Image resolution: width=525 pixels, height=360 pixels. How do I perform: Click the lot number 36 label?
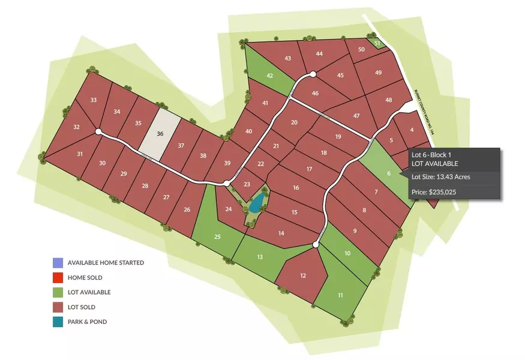click(160, 134)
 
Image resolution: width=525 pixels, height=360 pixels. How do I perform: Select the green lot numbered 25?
click(217, 236)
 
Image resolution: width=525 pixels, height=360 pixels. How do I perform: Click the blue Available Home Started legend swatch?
click(57, 263)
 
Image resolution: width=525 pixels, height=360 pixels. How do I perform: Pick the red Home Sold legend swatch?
click(57, 278)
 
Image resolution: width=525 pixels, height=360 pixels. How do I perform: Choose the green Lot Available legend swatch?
click(57, 292)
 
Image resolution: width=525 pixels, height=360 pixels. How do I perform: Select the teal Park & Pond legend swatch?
click(57, 322)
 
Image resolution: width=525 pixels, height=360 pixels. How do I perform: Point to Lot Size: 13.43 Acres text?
click(440, 177)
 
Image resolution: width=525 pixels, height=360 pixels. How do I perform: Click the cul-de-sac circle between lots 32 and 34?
click(98, 131)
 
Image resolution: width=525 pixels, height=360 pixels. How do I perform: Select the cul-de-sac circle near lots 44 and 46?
click(313, 74)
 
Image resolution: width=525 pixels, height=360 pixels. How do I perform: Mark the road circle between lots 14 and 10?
click(316, 245)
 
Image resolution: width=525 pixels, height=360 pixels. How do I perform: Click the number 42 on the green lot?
click(270, 76)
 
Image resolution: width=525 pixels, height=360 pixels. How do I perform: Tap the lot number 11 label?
click(340, 295)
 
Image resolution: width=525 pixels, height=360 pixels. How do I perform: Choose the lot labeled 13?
click(260, 257)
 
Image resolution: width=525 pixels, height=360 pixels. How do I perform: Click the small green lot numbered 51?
click(377, 44)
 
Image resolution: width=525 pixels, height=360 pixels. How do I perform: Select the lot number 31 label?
click(80, 154)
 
